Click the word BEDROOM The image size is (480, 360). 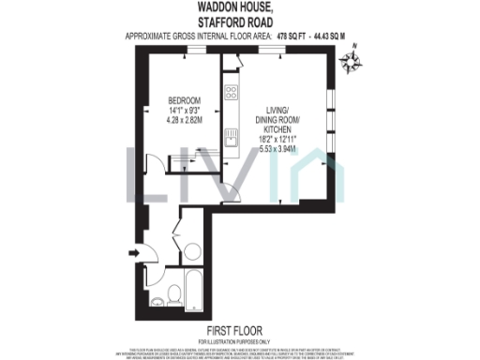point(186,99)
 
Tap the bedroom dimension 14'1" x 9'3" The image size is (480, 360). point(186,110)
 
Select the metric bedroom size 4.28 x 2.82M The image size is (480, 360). point(186,120)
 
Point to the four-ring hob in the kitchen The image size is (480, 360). point(231,94)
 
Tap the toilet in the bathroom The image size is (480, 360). point(160,299)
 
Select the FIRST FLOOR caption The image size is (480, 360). point(237,330)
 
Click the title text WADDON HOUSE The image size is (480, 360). point(239,7)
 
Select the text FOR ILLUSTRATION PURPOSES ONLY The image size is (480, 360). point(237,339)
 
